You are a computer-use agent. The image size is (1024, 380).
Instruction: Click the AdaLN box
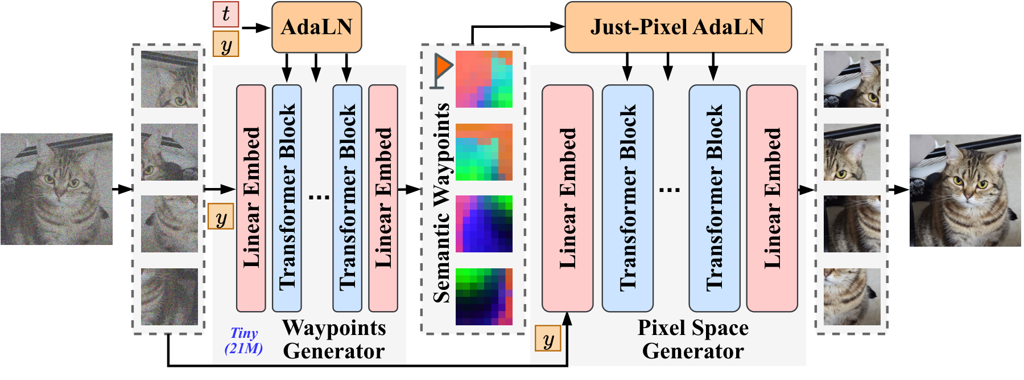tap(316, 27)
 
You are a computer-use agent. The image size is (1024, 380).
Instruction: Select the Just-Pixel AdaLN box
tap(678, 27)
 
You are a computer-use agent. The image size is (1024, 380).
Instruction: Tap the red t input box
tap(226, 14)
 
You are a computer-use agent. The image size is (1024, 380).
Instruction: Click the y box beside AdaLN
tap(226, 44)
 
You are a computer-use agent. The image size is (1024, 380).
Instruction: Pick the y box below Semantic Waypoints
tap(548, 339)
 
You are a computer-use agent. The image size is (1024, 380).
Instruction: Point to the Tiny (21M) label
tap(244, 341)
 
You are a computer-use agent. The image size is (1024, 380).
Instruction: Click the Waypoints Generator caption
tap(334, 340)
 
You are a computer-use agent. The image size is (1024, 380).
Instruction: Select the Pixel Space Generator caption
tap(692, 340)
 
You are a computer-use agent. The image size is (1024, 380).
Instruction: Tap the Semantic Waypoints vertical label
tap(441, 202)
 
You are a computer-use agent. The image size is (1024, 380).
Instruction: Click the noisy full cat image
tap(56, 189)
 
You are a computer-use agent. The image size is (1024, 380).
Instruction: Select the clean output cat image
tap(965, 190)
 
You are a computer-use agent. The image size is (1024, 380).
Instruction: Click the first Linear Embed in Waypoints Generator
tap(251, 198)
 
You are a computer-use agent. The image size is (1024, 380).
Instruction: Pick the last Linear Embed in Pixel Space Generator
tap(772, 198)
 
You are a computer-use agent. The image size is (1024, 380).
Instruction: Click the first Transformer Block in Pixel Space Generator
tap(627, 198)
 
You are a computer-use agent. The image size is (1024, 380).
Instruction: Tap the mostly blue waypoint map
tap(484, 224)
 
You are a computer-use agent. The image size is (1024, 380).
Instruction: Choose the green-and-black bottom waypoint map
tap(484, 296)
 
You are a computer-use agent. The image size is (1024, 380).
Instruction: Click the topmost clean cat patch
tap(852, 79)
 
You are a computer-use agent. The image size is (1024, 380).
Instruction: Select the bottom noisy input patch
tap(170, 296)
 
